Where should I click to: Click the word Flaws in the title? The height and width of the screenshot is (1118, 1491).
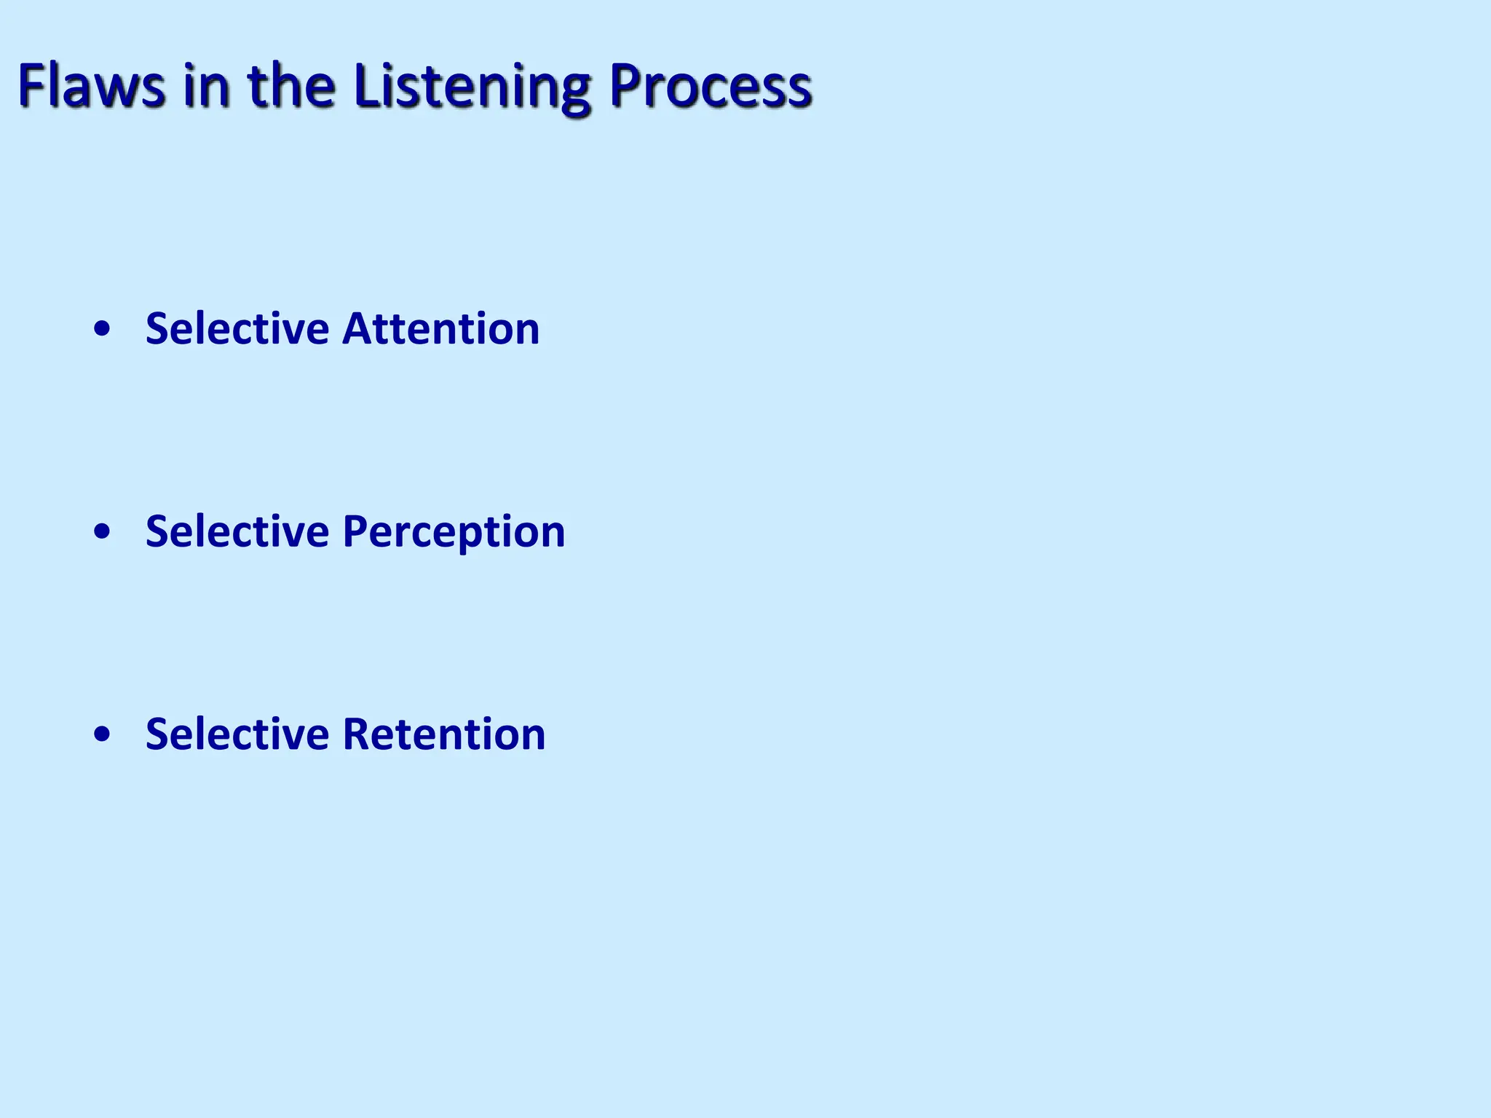click(x=92, y=86)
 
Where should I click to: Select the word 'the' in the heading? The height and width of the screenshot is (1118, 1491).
click(x=291, y=86)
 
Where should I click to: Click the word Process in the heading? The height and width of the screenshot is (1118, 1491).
click(x=711, y=86)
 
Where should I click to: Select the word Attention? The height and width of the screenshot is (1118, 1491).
click(x=440, y=329)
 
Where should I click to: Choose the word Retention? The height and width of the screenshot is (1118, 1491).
click(x=443, y=734)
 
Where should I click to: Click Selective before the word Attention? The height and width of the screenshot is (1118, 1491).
click(x=237, y=329)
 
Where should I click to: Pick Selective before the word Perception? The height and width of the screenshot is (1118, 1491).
click(x=237, y=531)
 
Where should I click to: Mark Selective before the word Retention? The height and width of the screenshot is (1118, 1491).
click(x=237, y=734)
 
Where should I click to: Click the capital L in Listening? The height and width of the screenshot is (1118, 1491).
click(x=365, y=86)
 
